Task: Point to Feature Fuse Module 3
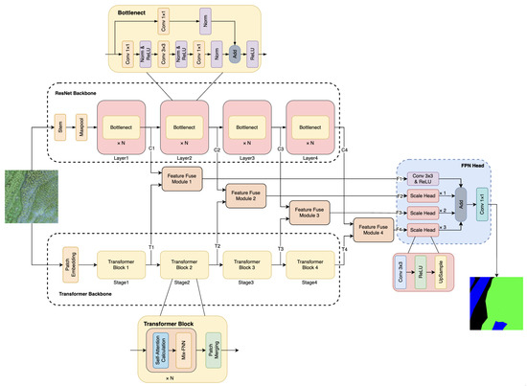[306, 213]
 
